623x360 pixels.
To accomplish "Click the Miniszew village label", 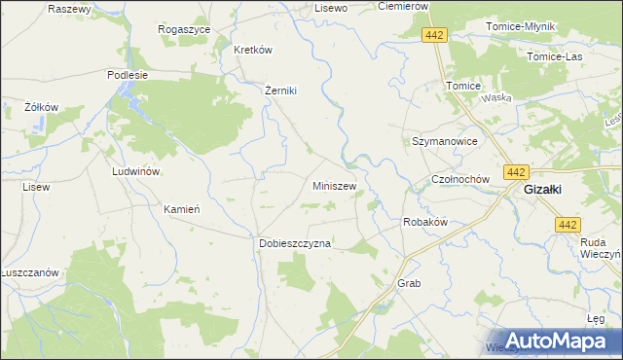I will pos(334,186).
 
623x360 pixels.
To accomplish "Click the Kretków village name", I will pos(252,50).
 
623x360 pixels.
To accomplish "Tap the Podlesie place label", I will pos(128,74).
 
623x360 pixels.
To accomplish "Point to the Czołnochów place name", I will pos(464,181).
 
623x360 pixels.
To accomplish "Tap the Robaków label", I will pos(424,222).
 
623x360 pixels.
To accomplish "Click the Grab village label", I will pos(408,283).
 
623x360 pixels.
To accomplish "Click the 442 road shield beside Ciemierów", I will pos(435,35).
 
